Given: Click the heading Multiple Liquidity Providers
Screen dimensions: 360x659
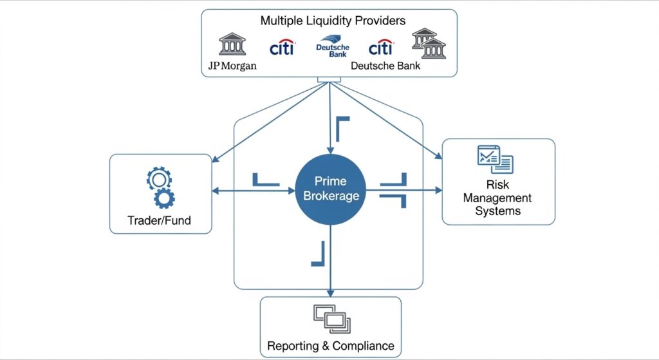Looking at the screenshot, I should click(333, 21).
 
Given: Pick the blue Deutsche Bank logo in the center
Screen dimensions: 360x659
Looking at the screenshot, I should click(332, 47).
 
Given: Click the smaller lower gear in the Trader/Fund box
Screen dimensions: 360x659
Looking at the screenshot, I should click(165, 198).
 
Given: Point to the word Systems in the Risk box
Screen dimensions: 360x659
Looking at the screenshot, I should click(497, 211).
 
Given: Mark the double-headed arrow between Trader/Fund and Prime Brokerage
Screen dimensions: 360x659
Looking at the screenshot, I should click(254, 191).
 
